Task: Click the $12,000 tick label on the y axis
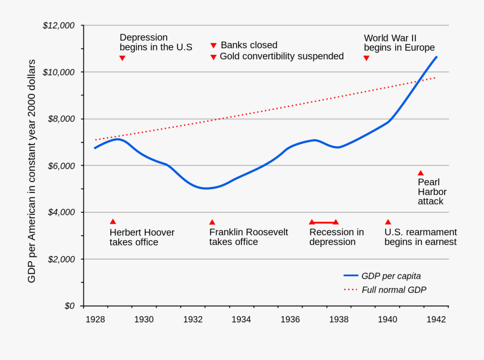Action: coord(59,25)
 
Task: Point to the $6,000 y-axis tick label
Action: coord(61,165)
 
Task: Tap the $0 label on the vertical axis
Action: coord(70,306)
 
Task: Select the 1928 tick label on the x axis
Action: coord(95,320)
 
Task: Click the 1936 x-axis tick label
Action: coord(290,320)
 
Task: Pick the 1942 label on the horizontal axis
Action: coord(436,320)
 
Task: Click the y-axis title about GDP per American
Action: coord(32,171)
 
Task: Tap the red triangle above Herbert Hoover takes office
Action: coord(113,221)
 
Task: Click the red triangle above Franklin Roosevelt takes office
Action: coord(212,222)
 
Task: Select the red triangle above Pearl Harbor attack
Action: coord(421,172)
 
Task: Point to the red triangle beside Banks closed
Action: coord(213,46)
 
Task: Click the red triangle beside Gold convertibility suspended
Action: coord(213,57)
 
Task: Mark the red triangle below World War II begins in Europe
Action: coord(366,58)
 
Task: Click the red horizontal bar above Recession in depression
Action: coord(324,222)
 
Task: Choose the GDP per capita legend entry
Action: coord(382,276)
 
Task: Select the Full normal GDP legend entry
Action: coord(385,290)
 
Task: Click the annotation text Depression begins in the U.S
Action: coord(155,42)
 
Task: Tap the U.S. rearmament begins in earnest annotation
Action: coord(420,237)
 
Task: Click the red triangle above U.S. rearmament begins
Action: coord(388,222)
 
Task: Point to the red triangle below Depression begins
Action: coord(122,58)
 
